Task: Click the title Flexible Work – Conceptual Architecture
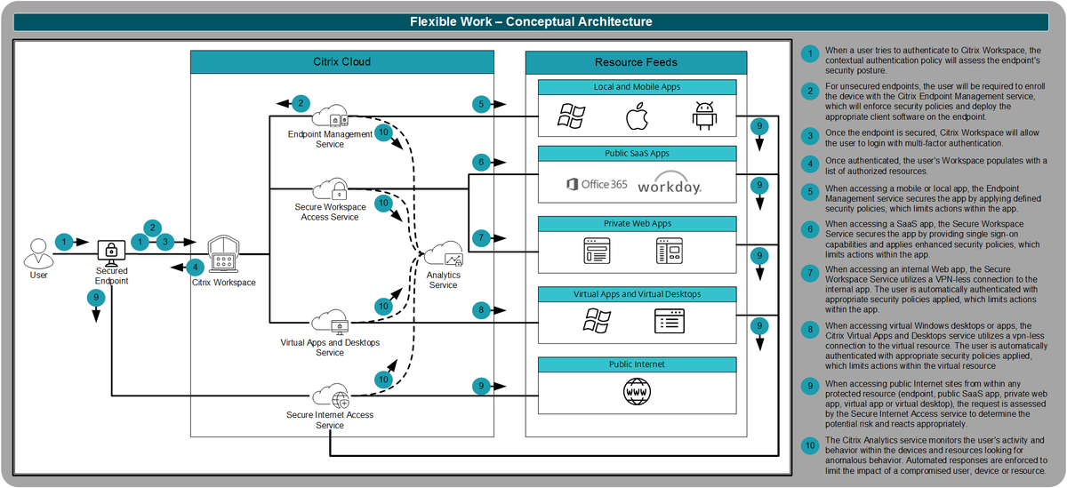[x=531, y=21]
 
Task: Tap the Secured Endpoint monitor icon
[x=112, y=252]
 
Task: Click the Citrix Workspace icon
[x=223, y=256]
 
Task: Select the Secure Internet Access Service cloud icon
[x=328, y=394]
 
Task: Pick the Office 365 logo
[x=597, y=185]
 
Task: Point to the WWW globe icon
[x=637, y=391]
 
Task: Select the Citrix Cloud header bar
[x=342, y=62]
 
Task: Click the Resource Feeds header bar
[x=636, y=62]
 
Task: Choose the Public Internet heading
[x=637, y=364]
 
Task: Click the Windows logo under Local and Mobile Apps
[x=570, y=116]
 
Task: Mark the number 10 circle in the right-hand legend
[x=809, y=444]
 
